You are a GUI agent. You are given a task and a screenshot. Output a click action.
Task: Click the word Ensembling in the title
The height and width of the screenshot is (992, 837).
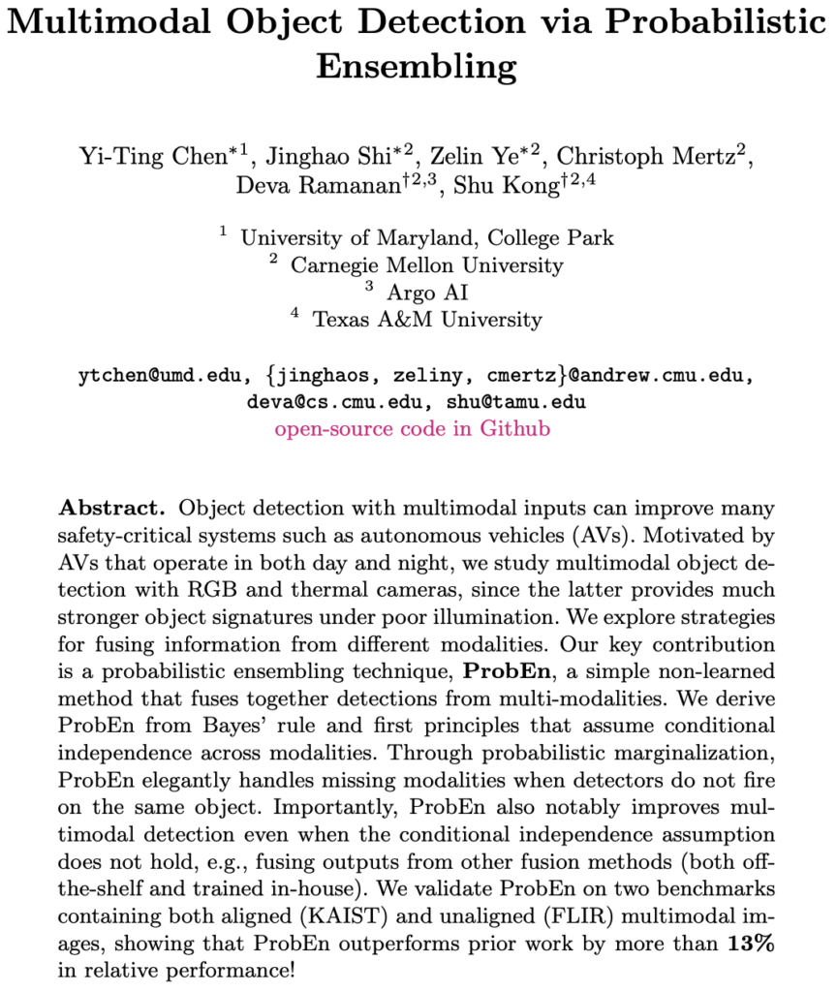pyautogui.click(x=418, y=67)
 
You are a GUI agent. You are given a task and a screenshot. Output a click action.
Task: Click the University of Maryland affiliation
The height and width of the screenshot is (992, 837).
pyautogui.click(x=427, y=236)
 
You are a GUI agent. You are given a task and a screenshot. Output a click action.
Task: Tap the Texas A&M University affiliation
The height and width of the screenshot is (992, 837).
pyautogui.click(x=427, y=319)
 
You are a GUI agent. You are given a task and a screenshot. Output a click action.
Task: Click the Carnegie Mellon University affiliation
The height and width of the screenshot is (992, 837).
pyautogui.click(x=427, y=263)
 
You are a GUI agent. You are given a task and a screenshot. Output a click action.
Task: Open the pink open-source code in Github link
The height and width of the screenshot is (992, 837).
pyautogui.click(x=413, y=428)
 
